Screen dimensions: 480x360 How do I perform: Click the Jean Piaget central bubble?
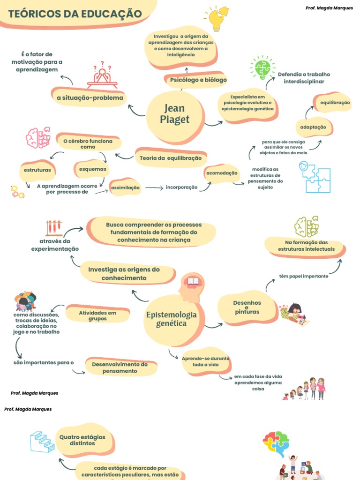pos(175,114)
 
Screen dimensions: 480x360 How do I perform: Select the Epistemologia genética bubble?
pos(171,319)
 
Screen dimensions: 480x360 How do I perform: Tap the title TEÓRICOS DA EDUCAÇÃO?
pos(75,14)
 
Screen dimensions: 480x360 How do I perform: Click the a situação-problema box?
pos(90,97)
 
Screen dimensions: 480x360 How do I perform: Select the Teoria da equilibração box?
pos(170,158)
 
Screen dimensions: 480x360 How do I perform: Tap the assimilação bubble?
pos(125,187)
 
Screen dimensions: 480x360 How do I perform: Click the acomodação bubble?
pos(221,173)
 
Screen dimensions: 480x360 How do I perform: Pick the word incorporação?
pos(181,187)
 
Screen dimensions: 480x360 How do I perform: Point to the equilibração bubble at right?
pos(335,103)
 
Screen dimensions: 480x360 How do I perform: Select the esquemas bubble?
pos(92,169)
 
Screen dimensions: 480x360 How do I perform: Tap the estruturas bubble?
pos(37,170)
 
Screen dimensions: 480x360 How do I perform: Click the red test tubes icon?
pos(54,228)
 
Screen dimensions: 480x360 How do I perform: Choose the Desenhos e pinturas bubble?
pos(247,307)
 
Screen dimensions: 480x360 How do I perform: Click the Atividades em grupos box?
pos(97,315)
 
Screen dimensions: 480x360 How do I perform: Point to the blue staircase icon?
pos(42,442)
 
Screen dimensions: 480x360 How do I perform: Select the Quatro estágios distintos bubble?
pos(82,440)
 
